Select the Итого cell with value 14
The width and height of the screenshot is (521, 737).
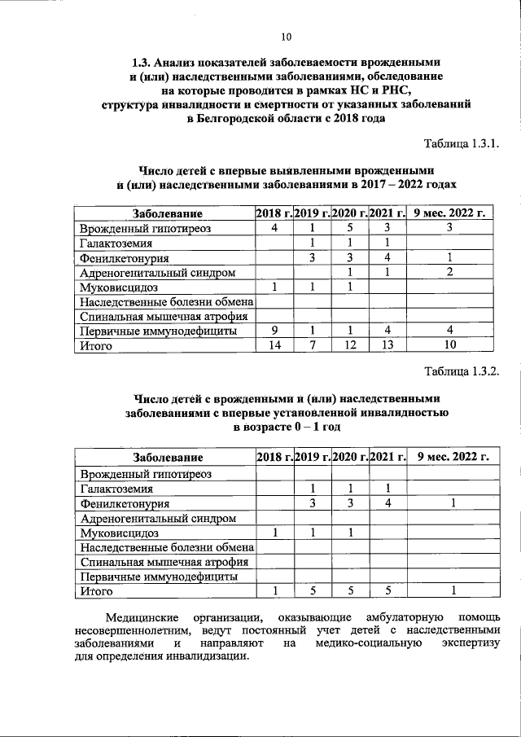click(x=275, y=345)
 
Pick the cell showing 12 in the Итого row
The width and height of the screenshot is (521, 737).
click(x=349, y=345)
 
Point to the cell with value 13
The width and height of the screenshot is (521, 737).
click(x=387, y=345)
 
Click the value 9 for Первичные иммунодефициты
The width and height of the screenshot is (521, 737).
click(x=275, y=331)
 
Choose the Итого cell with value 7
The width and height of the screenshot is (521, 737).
click(x=312, y=345)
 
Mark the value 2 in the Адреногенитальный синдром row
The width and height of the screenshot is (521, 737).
click(x=450, y=272)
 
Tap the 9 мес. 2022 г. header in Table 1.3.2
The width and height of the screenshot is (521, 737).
click(x=451, y=458)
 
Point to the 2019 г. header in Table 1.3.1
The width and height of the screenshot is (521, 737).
click(x=312, y=213)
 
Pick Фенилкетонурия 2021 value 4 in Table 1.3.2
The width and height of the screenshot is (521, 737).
click(x=387, y=503)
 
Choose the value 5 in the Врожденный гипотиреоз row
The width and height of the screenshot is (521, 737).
click(x=349, y=229)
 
